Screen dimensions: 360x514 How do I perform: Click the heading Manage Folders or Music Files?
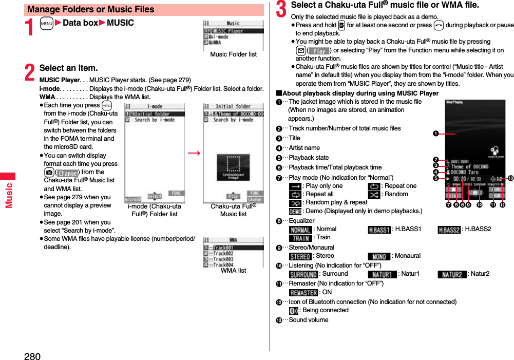(x=91, y=9)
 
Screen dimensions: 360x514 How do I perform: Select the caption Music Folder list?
(x=233, y=54)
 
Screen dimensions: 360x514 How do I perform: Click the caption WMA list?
(x=233, y=270)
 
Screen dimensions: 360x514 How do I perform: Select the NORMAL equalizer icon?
(x=300, y=229)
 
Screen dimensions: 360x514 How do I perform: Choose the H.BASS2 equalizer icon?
(x=449, y=229)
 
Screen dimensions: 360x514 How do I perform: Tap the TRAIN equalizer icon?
(x=300, y=238)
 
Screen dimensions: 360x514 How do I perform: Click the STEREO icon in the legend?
(x=300, y=256)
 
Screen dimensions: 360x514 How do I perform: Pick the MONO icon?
(x=379, y=256)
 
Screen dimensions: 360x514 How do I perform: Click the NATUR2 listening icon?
(x=452, y=274)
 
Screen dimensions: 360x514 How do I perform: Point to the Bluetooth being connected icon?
(x=293, y=311)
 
